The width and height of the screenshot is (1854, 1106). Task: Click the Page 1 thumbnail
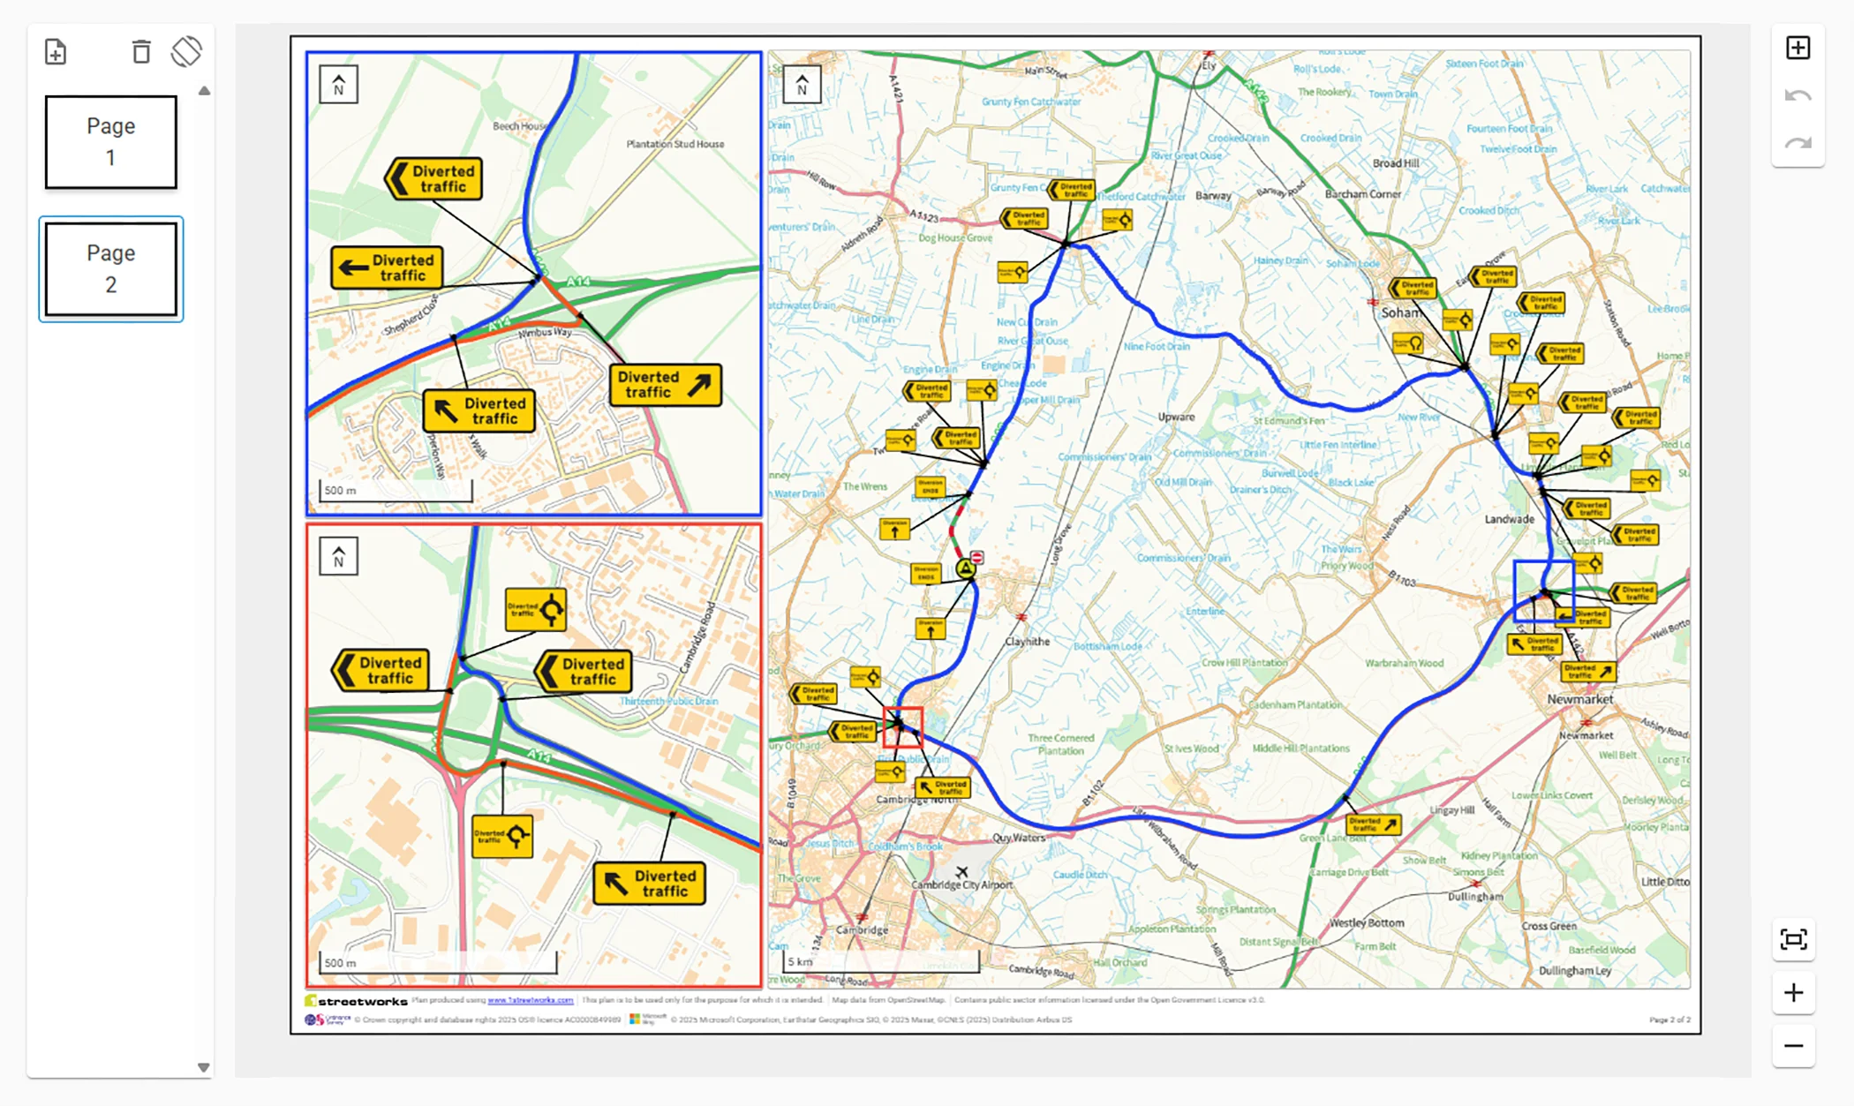[x=110, y=142]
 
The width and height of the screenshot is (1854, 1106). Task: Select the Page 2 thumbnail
[x=110, y=269]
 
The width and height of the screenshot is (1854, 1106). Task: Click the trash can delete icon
[x=140, y=52]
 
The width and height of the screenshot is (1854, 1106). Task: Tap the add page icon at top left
[x=56, y=52]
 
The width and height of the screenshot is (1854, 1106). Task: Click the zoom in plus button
[x=1793, y=993]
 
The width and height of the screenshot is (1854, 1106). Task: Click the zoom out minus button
[x=1793, y=1046]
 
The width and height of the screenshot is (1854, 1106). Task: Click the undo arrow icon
[x=1797, y=96]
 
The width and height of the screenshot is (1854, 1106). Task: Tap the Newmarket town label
[x=1579, y=699]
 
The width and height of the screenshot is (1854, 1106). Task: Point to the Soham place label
[x=1401, y=312]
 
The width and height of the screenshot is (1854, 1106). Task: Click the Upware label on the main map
[x=1176, y=417]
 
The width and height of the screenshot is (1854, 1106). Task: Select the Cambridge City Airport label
[x=961, y=884]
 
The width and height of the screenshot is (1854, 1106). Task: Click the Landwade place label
[x=1509, y=519]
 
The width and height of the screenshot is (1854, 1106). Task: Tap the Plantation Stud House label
[x=675, y=144]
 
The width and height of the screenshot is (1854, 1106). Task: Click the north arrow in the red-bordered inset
[x=338, y=557]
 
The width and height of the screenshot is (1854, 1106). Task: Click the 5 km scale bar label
[x=800, y=961]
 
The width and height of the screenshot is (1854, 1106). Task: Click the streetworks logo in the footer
[x=357, y=1001]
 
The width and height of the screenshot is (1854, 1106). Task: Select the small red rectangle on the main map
[x=902, y=726]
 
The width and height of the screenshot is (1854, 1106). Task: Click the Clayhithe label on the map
[x=1027, y=642]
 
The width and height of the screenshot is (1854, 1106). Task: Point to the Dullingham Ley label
[x=1575, y=970]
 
